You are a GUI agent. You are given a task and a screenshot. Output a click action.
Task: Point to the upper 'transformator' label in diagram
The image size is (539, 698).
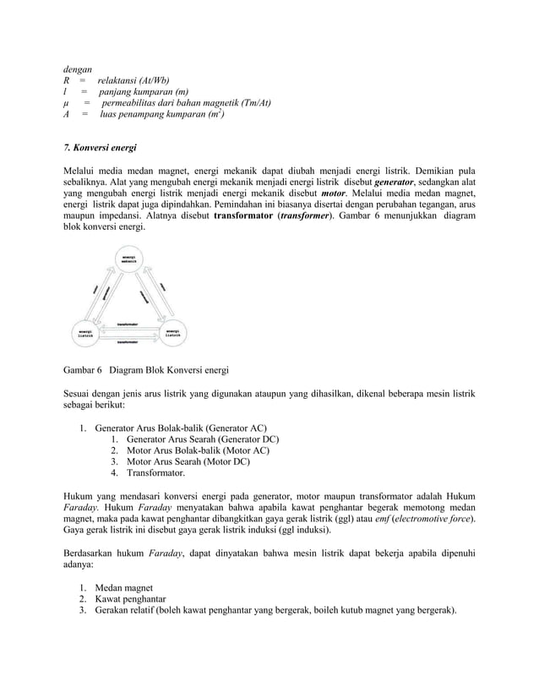point(128,322)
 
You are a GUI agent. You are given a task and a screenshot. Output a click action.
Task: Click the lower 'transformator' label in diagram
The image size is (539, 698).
point(128,341)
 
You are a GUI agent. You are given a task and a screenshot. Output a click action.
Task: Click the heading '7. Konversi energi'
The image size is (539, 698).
point(101,148)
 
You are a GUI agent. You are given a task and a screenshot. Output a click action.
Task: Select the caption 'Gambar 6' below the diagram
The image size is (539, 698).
point(83,370)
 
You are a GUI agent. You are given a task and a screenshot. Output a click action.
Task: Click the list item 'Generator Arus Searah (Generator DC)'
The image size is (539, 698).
point(202,439)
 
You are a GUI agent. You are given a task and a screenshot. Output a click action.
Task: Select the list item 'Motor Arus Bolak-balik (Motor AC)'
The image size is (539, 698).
point(198,450)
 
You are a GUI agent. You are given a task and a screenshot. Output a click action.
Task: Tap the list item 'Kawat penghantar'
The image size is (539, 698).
point(130,598)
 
